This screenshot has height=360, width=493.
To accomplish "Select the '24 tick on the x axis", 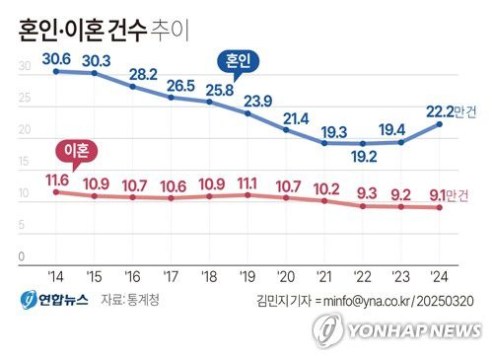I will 441,275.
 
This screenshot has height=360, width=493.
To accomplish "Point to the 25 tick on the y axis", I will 25,99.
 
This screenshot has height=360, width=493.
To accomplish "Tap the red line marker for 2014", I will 55,191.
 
